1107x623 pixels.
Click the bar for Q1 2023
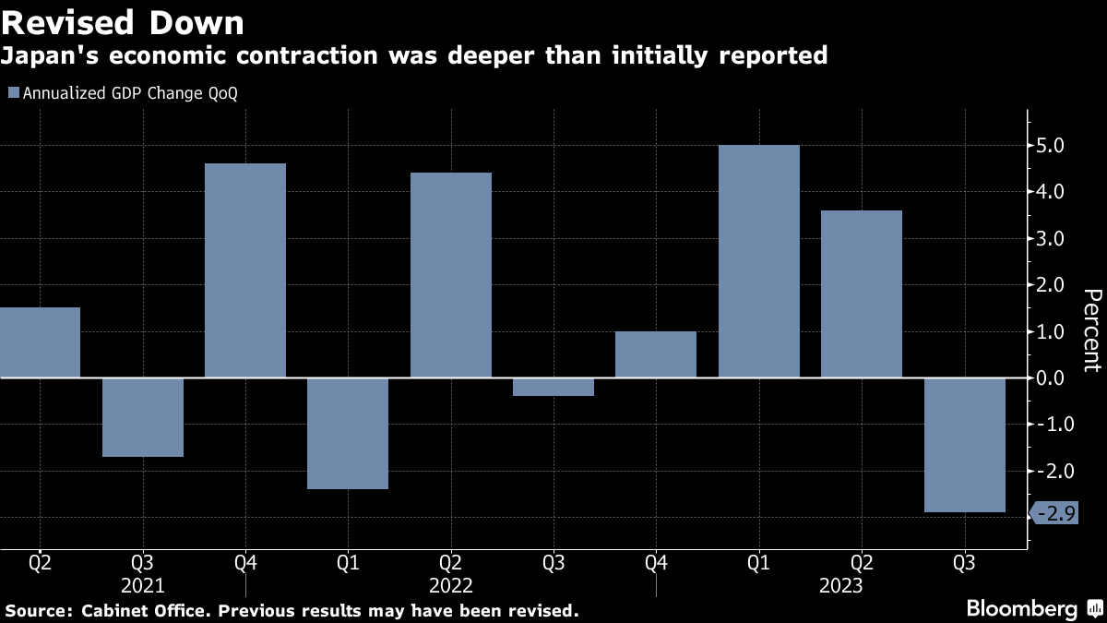click(x=758, y=261)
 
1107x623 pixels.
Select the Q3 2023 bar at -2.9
click(x=964, y=445)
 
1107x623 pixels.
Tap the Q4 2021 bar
click(x=245, y=270)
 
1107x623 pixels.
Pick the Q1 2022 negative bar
click(x=348, y=433)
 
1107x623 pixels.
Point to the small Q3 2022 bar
click(x=553, y=387)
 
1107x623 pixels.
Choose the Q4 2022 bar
click(x=656, y=354)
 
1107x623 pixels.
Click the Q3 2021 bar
click(x=143, y=417)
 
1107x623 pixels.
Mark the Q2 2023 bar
click(x=862, y=294)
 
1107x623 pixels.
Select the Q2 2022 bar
click(x=451, y=275)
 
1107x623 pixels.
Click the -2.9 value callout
click(x=1054, y=515)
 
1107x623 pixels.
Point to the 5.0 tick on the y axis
click(x=1051, y=146)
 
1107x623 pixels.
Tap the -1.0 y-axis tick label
click(x=1049, y=425)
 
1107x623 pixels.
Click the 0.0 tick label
click(x=1051, y=378)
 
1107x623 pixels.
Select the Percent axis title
click(x=1091, y=329)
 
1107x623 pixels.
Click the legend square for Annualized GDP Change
click(x=13, y=93)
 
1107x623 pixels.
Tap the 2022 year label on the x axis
click(x=451, y=586)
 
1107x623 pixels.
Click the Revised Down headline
click(x=123, y=22)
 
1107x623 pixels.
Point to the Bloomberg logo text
click(x=1021, y=608)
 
